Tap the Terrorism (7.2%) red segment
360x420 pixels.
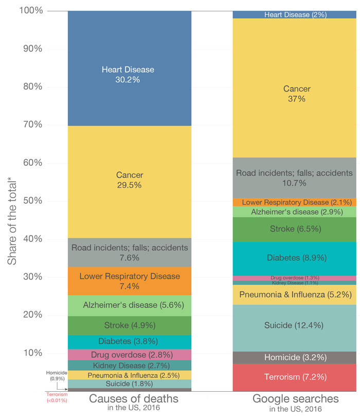coord(294,377)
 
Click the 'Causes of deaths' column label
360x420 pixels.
coord(130,399)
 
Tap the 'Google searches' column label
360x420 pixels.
coord(294,399)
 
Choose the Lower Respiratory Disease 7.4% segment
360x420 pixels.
coord(130,281)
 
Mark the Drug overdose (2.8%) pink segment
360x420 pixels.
coord(130,355)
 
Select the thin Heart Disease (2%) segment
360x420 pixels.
coord(294,15)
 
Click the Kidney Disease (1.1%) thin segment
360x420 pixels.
coord(294,283)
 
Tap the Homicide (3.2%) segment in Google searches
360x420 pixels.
coord(294,358)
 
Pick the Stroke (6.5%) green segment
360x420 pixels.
coord(294,229)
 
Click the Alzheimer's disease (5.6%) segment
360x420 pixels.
coord(130,305)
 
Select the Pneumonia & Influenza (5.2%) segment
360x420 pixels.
coord(294,295)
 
